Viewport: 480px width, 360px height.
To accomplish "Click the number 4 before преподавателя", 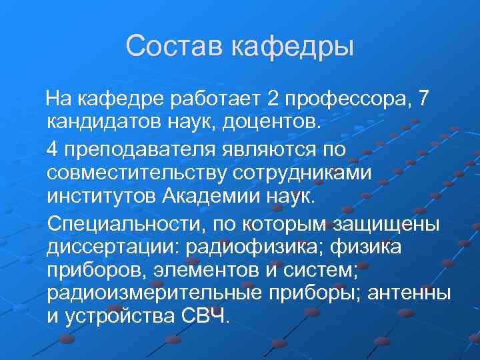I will (54, 147).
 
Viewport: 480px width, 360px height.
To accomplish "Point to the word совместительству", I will (137, 172).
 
